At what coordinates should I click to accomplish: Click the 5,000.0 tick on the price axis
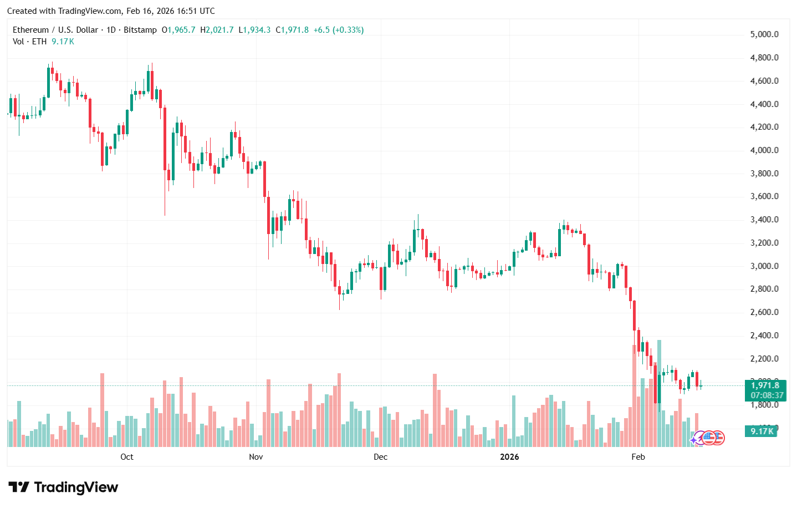pos(764,34)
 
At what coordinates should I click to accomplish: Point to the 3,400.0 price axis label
pos(764,220)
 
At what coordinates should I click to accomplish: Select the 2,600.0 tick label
pos(764,312)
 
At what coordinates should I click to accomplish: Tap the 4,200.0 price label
pos(764,127)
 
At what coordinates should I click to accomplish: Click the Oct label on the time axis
pos(127,457)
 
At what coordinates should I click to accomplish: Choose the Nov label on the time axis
pos(256,457)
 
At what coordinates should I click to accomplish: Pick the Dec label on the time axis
pos(380,457)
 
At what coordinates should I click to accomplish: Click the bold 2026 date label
pos(509,457)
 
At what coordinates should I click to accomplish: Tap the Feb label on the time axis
pos(638,457)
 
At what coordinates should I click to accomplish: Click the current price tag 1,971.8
pos(765,385)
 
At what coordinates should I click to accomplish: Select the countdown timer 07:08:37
pos(767,395)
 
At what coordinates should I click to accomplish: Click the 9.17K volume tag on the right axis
pos(762,431)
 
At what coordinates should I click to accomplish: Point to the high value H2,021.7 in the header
pos(217,30)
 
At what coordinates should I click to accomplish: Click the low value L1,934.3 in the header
pos(254,30)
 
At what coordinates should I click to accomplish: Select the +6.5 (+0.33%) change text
pos(339,30)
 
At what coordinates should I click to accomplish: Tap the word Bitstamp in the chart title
pos(140,30)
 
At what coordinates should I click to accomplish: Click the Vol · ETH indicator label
pos(30,42)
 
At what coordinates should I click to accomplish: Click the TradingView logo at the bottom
pos(63,487)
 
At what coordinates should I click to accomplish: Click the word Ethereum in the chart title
pos(31,30)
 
